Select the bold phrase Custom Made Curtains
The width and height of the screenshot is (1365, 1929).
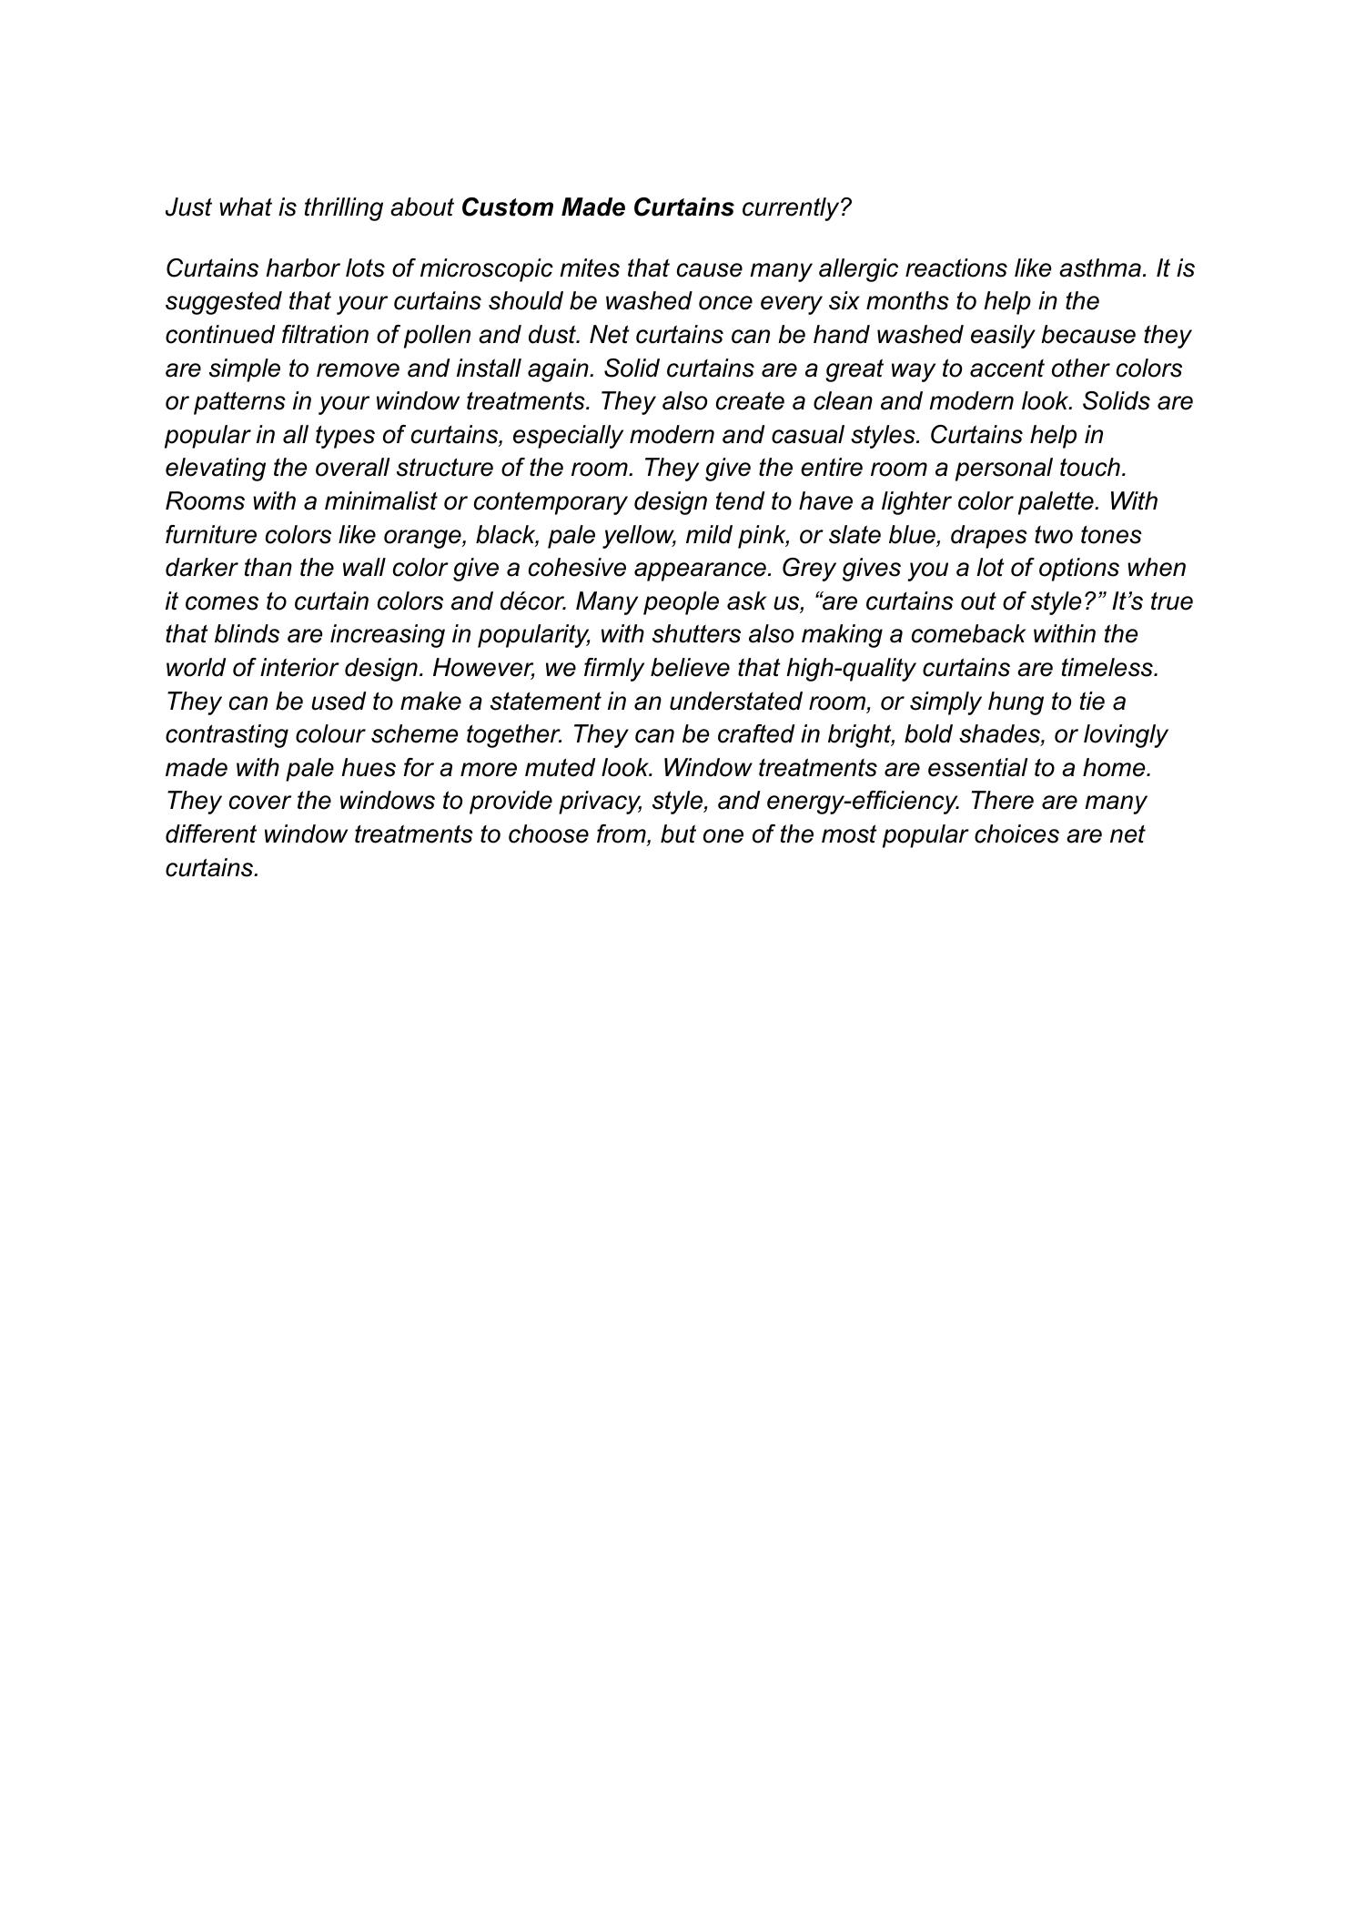tap(598, 207)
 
